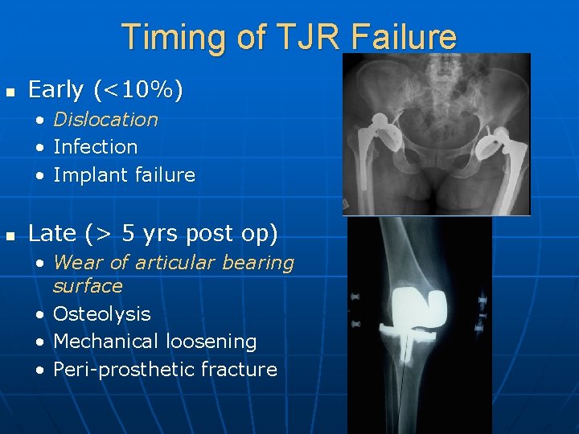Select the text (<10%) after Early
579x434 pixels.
pos(138,90)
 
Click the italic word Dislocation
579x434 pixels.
pos(105,120)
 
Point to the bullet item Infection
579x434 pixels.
pos(95,147)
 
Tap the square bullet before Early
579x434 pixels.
pos(10,92)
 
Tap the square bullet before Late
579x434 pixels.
pos(10,235)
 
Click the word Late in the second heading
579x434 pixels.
pos(51,234)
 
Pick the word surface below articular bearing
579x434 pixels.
pos(88,285)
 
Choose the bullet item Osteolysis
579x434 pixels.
pos(101,314)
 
